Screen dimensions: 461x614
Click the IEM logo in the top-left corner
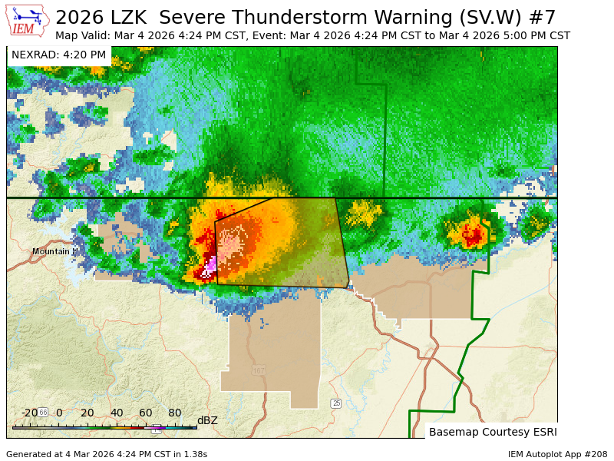(x=28, y=20)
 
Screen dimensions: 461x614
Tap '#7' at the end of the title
(x=543, y=17)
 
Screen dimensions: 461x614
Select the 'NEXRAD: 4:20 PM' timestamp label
(x=59, y=55)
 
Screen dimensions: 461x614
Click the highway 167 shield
(x=259, y=370)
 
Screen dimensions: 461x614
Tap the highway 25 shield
(x=335, y=403)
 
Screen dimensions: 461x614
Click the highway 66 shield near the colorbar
(x=43, y=413)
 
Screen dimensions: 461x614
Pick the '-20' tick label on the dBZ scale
(x=29, y=413)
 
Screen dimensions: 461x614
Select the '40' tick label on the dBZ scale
(x=116, y=413)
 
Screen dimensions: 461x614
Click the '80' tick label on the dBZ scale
(x=174, y=413)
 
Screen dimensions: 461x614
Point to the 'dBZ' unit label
(x=207, y=420)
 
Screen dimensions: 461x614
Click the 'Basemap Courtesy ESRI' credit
(x=493, y=432)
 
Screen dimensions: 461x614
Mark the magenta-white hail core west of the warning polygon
(x=209, y=268)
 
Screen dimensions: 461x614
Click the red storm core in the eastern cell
(x=472, y=234)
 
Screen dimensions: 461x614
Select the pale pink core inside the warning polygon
(x=230, y=245)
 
